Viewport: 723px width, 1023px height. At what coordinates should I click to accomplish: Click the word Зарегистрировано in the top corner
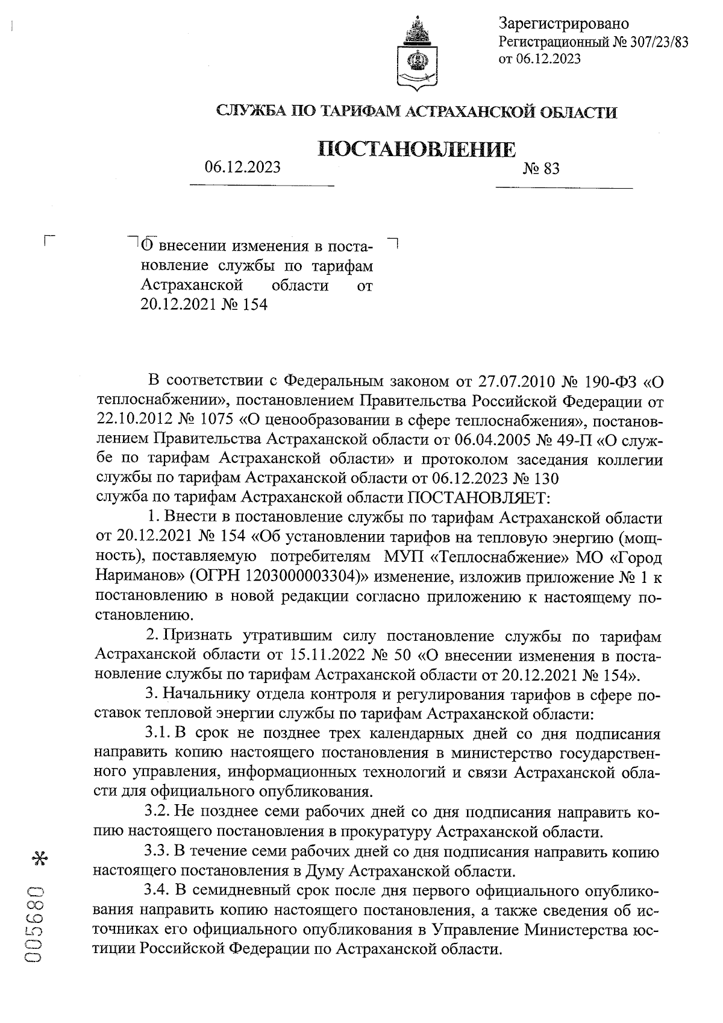[x=563, y=24]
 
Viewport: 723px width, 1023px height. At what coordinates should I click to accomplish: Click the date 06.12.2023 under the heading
[x=242, y=167]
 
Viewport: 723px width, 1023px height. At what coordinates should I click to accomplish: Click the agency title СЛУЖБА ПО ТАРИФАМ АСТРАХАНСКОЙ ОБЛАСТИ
[x=416, y=112]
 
